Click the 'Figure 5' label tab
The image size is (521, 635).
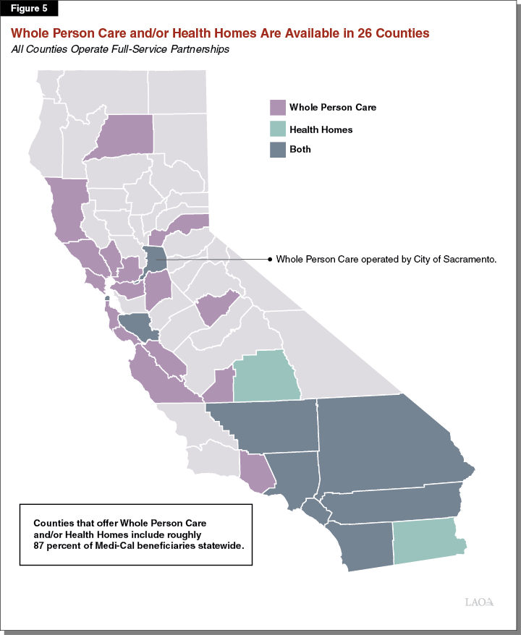(30, 9)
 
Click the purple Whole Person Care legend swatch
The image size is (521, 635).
(278, 108)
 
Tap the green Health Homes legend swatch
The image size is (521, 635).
(278, 129)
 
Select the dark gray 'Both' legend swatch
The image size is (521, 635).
(278, 150)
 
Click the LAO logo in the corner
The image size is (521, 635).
(478, 602)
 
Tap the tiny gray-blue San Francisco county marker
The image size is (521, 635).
(107, 298)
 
